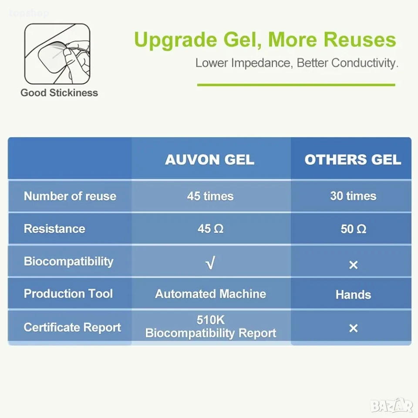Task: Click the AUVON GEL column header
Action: pyautogui.click(x=209, y=160)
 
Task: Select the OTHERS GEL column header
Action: pyautogui.click(x=353, y=160)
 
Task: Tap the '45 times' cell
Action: pyautogui.click(x=210, y=196)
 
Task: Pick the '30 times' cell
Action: pyautogui.click(x=353, y=196)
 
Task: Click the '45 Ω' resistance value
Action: pyautogui.click(x=210, y=229)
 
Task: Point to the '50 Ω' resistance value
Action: pyautogui.click(x=354, y=229)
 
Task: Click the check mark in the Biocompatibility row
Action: pyautogui.click(x=210, y=263)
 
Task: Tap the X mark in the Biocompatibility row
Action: pyautogui.click(x=354, y=265)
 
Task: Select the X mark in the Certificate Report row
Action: pyautogui.click(x=354, y=328)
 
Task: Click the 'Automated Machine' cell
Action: pyautogui.click(x=211, y=294)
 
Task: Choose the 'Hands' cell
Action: pyautogui.click(x=353, y=295)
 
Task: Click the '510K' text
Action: pyautogui.click(x=211, y=320)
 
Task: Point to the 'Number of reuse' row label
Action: pyautogui.click(x=70, y=196)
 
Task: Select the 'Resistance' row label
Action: pyautogui.click(x=55, y=229)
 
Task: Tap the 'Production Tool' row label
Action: pyautogui.click(x=68, y=293)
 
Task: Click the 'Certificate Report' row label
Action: pyautogui.click(x=72, y=327)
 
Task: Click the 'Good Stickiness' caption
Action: pyautogui.click(x=59, y=93)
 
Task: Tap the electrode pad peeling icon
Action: pyautogui.click(x=57, y=54)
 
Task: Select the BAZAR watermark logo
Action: pyautogui.click(x=391, y=405)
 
